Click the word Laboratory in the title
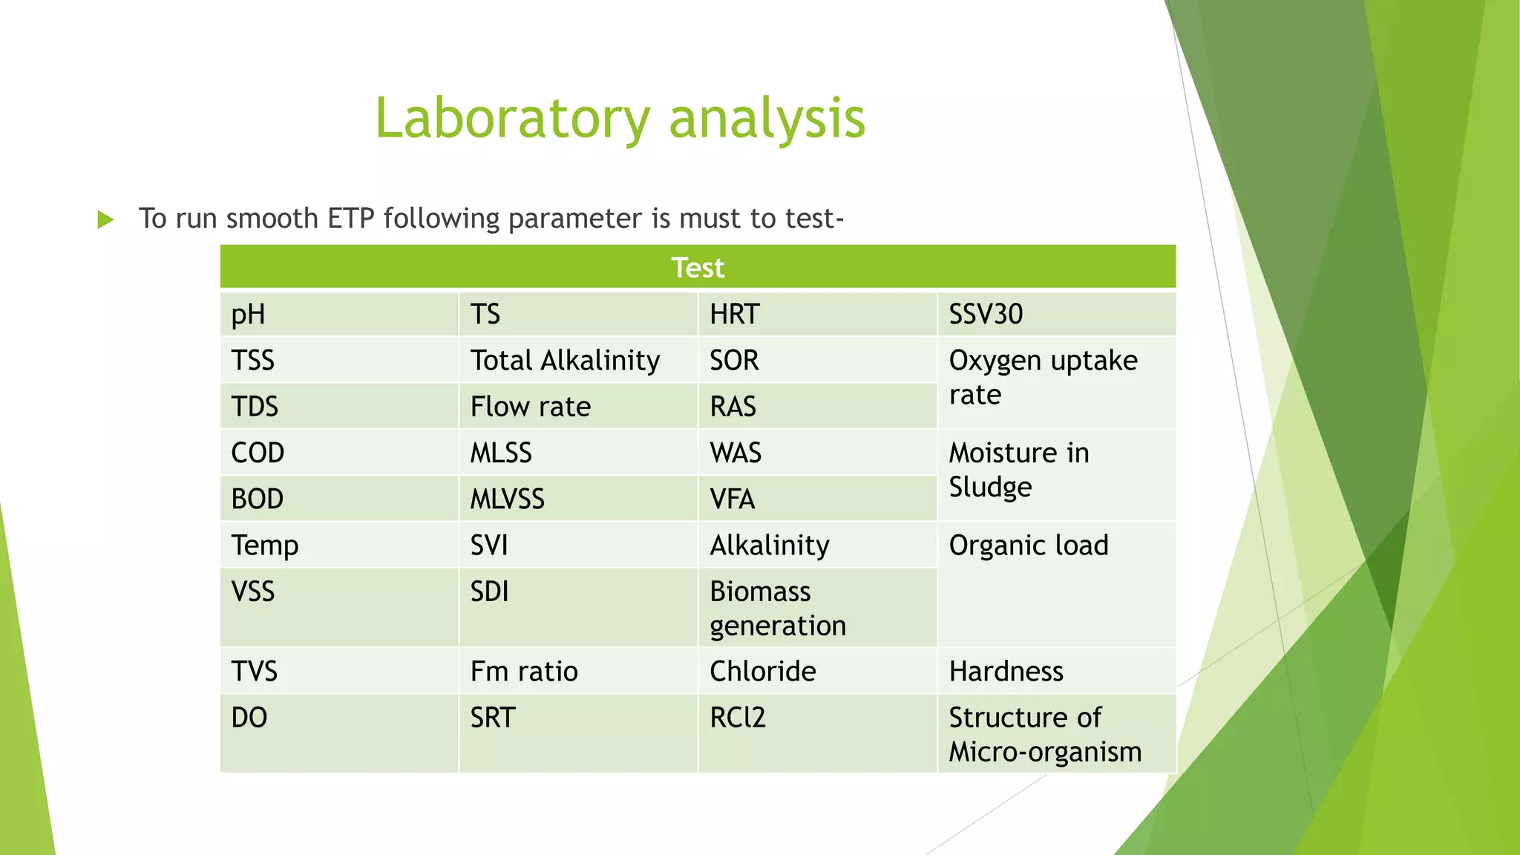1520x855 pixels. [x=512, y=119]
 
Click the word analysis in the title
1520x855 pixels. [x=767, y=119]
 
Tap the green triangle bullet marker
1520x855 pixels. [x=105, y=220]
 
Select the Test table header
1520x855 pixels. [x=698, y=267]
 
